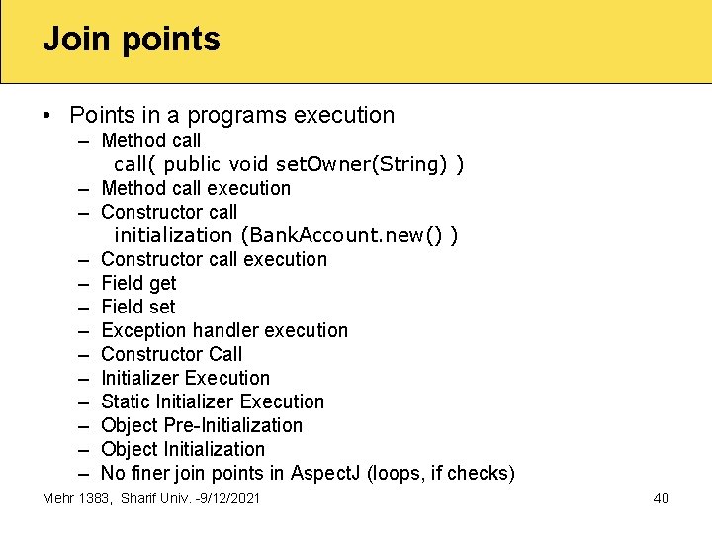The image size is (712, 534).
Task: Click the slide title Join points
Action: coord(132,40)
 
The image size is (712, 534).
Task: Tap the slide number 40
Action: coord(661,498)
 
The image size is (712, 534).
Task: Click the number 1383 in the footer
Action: coord(97,498)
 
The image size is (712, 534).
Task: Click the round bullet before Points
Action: coord(48,116)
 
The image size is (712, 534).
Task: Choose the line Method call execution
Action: coord(196,188)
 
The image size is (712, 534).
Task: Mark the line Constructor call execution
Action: coord(214,259)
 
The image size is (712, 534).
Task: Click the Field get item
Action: coord(138,283)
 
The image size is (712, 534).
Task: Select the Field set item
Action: coord(138,307)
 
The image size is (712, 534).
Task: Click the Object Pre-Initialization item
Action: coord(202,425)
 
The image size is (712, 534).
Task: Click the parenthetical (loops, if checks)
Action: coord(441,473)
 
